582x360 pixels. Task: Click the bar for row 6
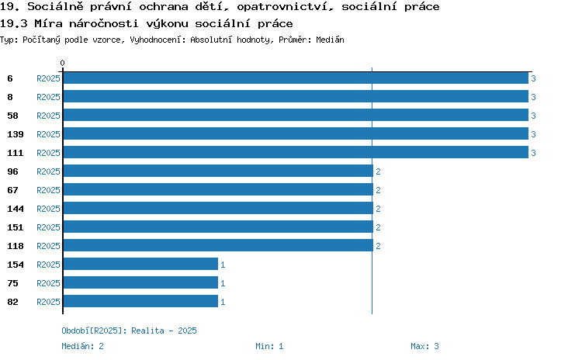[296, 78]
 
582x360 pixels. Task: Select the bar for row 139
[296, 133]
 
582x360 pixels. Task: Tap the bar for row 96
[218, 171]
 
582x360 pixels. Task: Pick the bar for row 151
[218, 227]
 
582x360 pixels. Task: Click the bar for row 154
[140, 264]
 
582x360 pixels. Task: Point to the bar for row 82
[140, 301]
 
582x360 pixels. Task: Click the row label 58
[12, 116]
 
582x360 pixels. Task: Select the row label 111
[16, 153]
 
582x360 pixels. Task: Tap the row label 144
[16, 209]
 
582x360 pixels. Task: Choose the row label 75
[12, 283]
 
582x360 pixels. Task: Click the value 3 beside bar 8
[533, 97]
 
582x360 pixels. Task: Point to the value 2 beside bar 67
[378, 190]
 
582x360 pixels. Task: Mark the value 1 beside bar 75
[223, 283]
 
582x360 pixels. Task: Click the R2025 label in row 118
[48, 246]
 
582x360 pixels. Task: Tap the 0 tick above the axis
[62, 63]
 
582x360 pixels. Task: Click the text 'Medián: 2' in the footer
[82, 346]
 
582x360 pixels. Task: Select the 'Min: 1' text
[269, 346]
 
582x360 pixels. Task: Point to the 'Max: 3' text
[424, 346]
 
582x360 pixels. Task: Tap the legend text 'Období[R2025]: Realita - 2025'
[129, 331]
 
